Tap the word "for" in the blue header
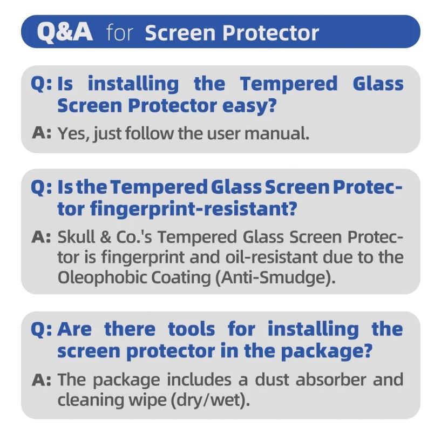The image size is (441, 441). pyautogui.click(x=119, y=32)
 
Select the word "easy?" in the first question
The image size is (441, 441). pyautogui.click(x=249, y=106)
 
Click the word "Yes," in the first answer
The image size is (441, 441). pyautogui.click(x=74, y=133)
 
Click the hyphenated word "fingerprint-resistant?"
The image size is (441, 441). pyautogui.click(x=193, y=209)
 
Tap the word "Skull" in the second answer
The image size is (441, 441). pyautogui.click(x=76, y=237)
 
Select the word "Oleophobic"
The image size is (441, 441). pyautogui.click(x=103, y=277)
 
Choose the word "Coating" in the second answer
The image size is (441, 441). pyautogui.click(x=181, y=277)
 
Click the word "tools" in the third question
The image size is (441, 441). pyautogui.click(x=192, y=329)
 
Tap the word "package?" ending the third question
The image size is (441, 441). pyautogui.click(x=327, y=351)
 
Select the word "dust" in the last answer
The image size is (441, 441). pyautogui.click(x=272, y=379)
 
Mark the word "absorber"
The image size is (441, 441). pyautogui.click(x=331, y=379)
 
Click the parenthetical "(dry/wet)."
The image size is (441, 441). pyautogui.click(x=211, y=399)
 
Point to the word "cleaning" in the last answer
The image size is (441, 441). pyautogui.click(x=91, y=400)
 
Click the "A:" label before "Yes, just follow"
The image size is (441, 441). pyautogui.click(x=42, y=132)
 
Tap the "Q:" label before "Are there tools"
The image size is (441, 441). pyautogui.click(x=42, y=329)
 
